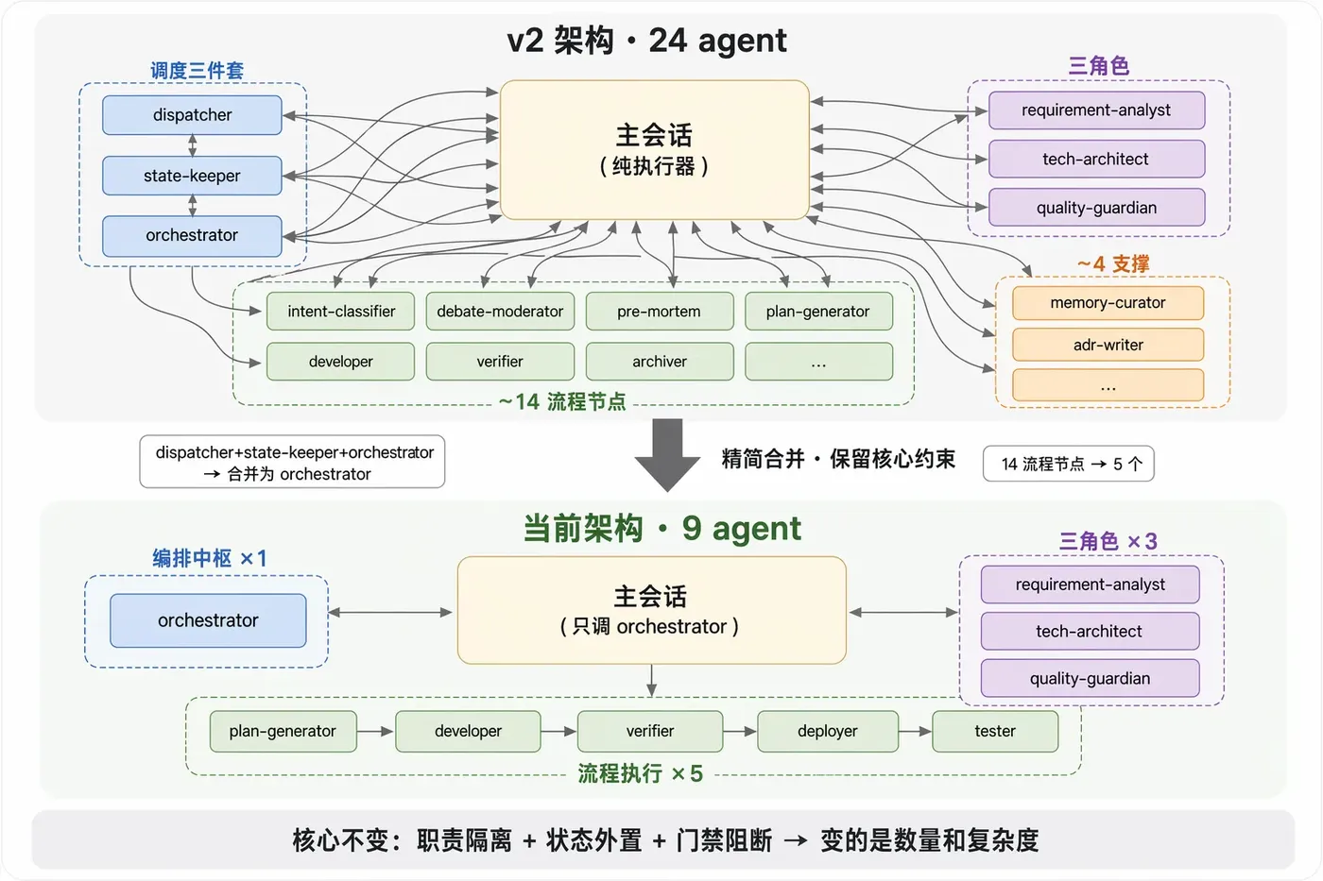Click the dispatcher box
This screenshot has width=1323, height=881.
[192, 115]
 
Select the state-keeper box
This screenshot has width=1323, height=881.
[192, 176]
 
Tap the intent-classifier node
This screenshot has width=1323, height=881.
[341, 311]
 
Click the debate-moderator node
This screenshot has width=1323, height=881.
[500, 311]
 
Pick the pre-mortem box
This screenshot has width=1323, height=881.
[660, 311]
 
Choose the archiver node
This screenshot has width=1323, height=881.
[660, 361]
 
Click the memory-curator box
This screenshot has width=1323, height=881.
[1108, 303]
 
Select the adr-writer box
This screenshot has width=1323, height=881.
[1108, 345]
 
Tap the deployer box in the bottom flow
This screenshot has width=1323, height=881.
[828, 731]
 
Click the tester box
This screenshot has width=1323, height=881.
[995, 731]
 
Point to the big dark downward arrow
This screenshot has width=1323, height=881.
[667, 455]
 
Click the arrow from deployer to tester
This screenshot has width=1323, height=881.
[915, 732]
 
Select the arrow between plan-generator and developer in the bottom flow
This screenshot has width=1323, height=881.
[376, 732]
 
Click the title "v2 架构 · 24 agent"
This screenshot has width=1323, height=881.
[646, 41]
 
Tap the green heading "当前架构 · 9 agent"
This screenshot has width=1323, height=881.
[662, 528]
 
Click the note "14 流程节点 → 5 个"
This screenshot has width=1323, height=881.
[1069, 464]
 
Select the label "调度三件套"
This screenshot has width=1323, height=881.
[197, 71]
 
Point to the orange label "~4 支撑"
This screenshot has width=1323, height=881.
[1113, 263]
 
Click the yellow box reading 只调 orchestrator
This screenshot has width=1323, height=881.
[651, 610]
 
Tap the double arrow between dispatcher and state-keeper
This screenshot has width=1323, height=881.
[192, 145]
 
